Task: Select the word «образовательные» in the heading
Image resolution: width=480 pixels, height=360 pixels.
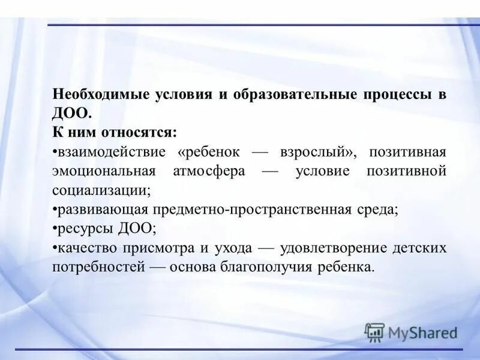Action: [x=290, y=95]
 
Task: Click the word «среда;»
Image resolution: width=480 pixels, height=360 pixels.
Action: [x=379, y=209]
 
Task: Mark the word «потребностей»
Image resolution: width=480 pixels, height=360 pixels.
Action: [x=98, y=267]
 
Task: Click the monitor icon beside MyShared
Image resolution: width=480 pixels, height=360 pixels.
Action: [x=374, y=332]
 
